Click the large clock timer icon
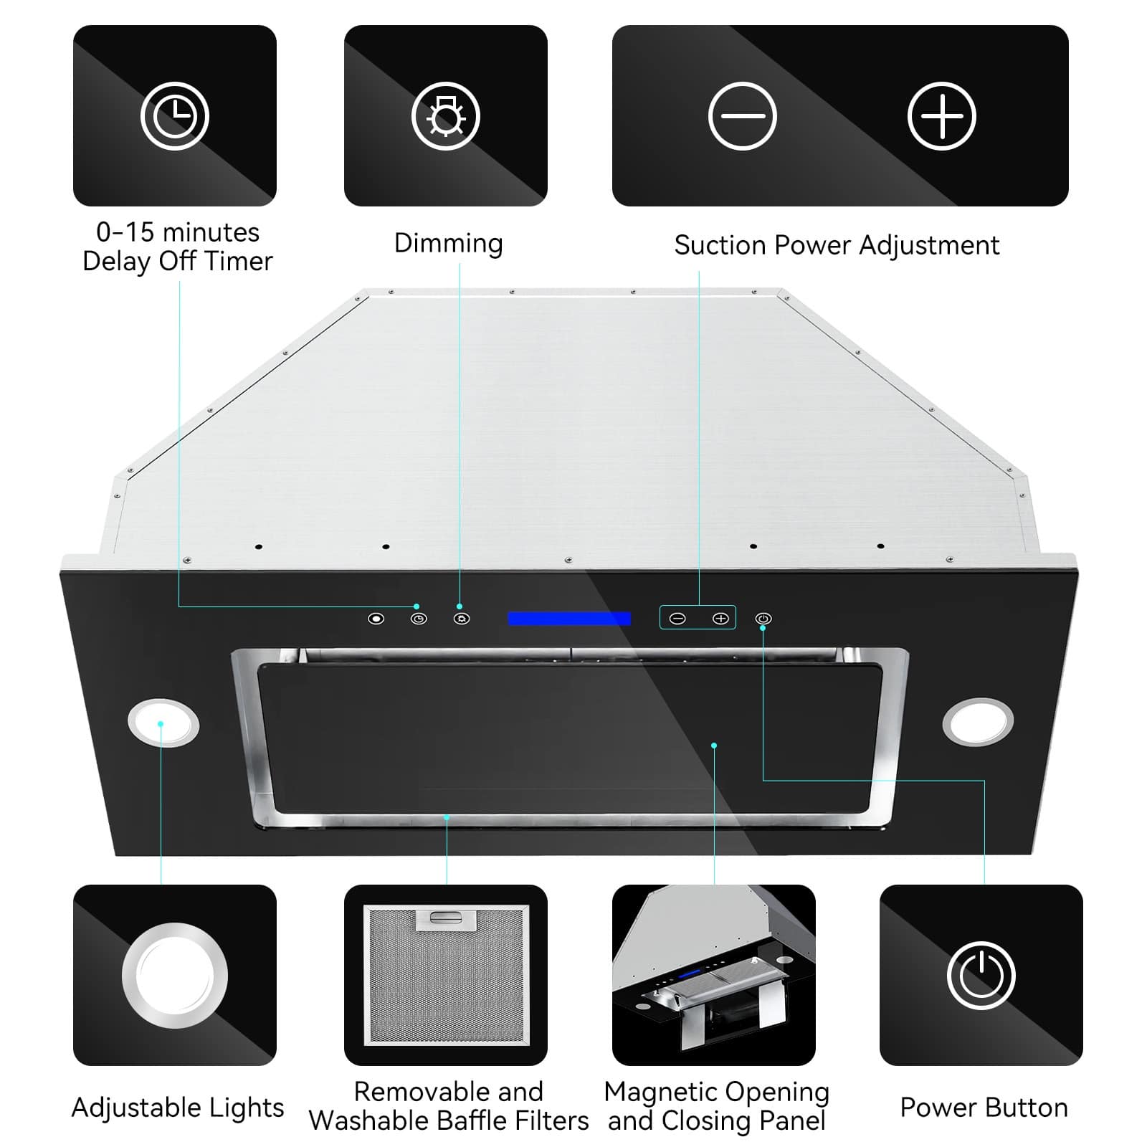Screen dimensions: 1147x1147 [174, 116]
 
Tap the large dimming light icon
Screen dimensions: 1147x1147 [445, 116]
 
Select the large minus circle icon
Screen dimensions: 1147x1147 [742, 116]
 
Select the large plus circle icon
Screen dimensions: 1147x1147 [941, 116]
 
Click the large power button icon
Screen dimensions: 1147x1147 [981, 976]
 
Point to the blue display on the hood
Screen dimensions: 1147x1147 [569, 619]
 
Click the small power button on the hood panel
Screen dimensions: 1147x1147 [763, 619]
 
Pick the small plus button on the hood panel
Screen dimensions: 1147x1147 [720, 619]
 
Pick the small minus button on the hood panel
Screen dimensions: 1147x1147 [677, 619]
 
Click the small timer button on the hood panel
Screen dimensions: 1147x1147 [419, 619]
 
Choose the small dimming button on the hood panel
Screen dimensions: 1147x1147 [461, 619]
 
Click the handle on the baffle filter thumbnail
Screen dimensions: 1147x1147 [445, 919]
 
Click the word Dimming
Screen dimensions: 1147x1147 [448, 243]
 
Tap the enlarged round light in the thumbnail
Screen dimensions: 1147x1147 [174, 976]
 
